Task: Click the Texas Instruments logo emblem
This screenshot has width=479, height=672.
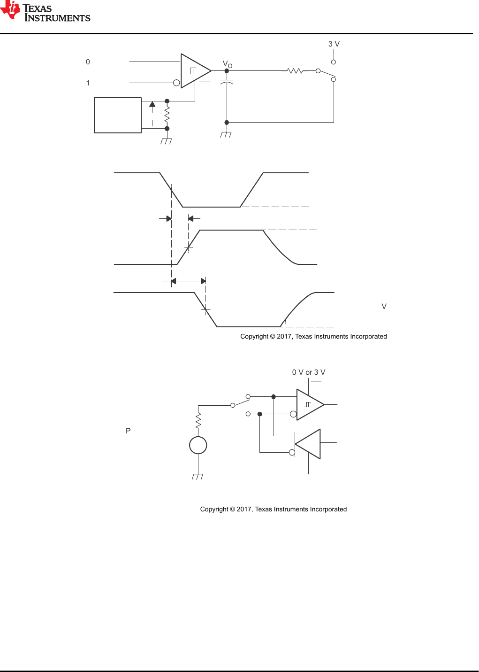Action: point(10,10)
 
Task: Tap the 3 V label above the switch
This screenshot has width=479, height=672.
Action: point(334,44)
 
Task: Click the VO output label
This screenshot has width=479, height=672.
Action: point(228,64)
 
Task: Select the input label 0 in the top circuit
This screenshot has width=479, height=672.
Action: point(88,62)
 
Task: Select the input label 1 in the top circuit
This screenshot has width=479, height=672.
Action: point(88,83)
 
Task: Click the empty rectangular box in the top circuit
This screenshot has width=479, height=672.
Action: point(117,115)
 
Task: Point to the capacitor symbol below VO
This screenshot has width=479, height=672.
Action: point(227,82)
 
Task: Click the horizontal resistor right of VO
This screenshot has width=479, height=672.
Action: point(295,71)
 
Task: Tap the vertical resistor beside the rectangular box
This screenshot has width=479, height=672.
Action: point(167,115)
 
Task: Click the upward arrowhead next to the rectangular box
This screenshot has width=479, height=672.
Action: point(152,104)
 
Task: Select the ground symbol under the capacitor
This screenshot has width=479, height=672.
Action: point(226,135)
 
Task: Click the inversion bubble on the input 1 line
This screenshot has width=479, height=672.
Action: point(176,83)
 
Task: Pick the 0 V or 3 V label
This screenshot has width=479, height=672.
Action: point(308,372)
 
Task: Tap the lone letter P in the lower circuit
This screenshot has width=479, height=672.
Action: point(128,431)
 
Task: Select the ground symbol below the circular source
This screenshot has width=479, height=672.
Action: point(197,477)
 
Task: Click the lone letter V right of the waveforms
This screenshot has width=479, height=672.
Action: point(384,306)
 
